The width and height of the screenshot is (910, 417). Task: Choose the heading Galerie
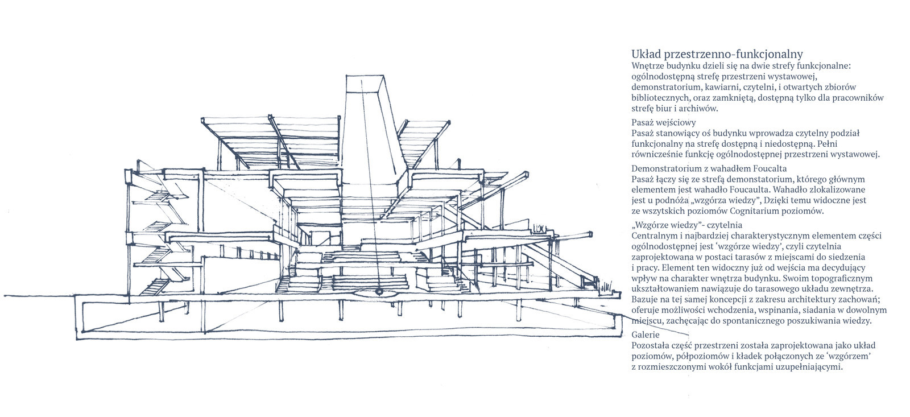(x=645, y=336)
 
